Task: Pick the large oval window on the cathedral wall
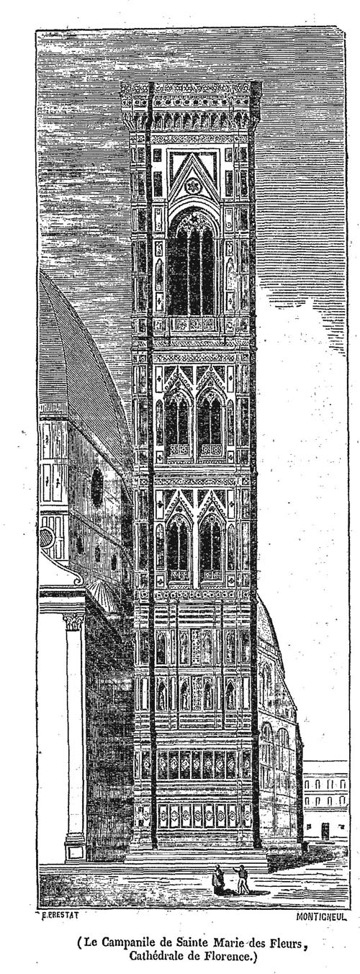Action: [97, 488]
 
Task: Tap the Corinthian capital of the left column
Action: [73, 621]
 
